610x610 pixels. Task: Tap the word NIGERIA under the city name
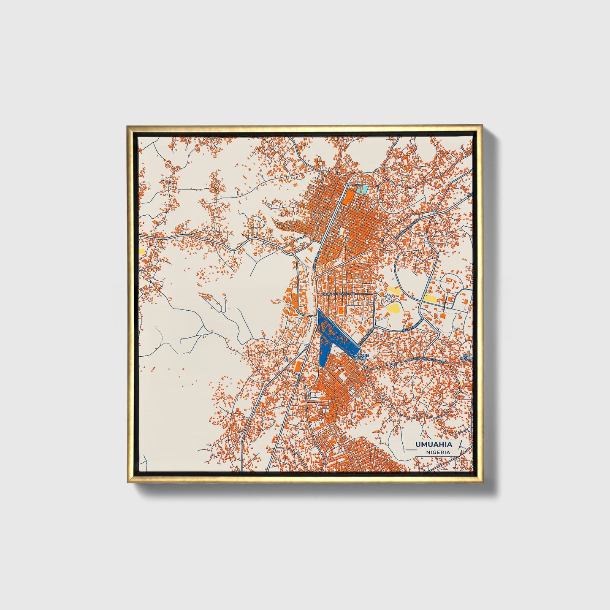(438, 452)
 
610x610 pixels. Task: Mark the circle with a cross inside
(388, 298)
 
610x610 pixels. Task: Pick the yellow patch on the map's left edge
(142, 251)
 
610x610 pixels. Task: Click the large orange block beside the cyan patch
(349, 197)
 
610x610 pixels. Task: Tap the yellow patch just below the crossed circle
(393, 307)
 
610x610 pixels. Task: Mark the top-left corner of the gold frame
(127, 125)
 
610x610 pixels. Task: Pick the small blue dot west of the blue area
(287, 359)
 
